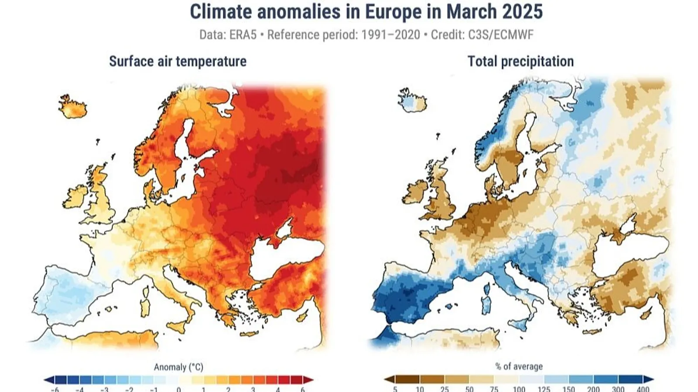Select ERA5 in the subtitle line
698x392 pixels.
(x=242, y=35)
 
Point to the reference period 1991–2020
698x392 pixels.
(x=390, y=35)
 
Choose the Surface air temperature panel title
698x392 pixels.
(x=178, y=62)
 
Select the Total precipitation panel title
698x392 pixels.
(x=520, y=62)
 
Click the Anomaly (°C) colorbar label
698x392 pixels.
(x=178, y=367)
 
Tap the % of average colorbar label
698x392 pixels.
(x=519, y=367)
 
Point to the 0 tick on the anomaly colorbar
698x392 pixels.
(x=178, y=389)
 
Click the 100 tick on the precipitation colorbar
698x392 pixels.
(x=519, y=389)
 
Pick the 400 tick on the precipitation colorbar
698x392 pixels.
(x=643, y=389)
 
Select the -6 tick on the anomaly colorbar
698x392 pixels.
(x=55, y=389)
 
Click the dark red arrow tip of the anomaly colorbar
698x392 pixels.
(x=309, y=379)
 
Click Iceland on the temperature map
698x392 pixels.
(x=73, y=107)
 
